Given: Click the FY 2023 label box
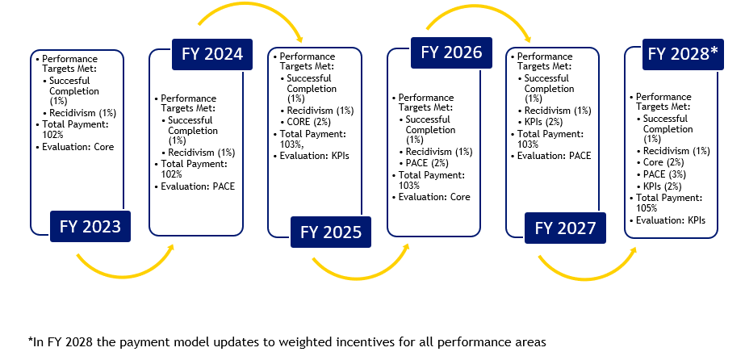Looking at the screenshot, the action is pos(90,227).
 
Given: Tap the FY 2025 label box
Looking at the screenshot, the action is pos(331,232).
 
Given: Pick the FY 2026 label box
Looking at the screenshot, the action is pos(451,53).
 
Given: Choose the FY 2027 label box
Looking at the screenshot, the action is pos(565,228).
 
